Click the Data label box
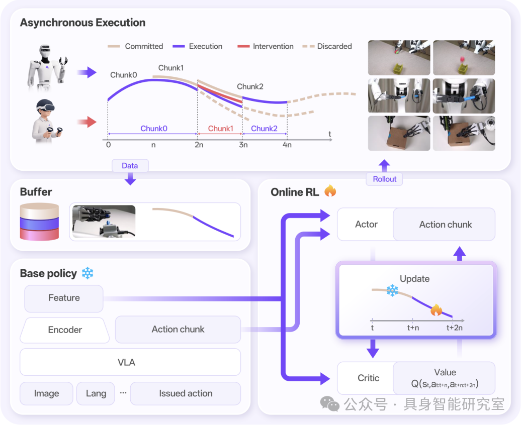pos(130,166)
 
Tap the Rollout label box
pos(384,179)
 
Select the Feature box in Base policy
pos(64,298)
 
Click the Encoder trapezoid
pos(65,330)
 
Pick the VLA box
pos(130,362)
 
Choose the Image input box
pos(46,393)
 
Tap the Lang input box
pos(96,393)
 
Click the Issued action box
pos(186,393)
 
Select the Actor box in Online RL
pos(366,225)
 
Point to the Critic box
pos(368,378)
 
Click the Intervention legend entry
pos(266,46)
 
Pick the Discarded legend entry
pos(327,46)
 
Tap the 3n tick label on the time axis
pos(243,145)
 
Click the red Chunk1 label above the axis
pos(221,129)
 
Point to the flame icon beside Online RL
pos(330,191)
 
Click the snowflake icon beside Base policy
pos(88,273)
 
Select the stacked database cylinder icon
pos(39,222)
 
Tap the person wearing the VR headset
pos(46,121)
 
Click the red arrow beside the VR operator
pos(86,122)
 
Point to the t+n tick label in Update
pos(413,328)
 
